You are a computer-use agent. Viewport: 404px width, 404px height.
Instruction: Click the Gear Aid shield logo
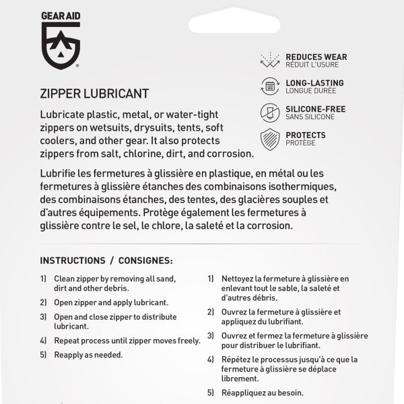[61, 45]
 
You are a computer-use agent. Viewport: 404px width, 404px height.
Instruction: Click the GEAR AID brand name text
[61, 13]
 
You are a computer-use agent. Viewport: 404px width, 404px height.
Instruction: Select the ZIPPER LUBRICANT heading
[94, 93]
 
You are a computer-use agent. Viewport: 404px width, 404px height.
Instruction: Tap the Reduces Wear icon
[270, 61]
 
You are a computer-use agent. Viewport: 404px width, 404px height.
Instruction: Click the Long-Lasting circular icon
[270, 86]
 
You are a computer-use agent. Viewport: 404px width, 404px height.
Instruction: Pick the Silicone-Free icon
[270, 112]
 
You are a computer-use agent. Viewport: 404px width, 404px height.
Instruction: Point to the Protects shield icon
[270, 139]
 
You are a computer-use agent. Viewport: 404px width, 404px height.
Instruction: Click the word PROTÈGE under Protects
[300, 143]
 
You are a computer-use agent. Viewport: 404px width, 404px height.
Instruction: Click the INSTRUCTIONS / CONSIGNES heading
[106, 260]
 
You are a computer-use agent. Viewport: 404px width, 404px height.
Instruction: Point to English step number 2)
[43, 302]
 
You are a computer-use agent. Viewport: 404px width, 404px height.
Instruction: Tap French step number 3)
[211, 336]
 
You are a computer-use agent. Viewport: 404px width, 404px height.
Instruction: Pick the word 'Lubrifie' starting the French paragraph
[59, 173]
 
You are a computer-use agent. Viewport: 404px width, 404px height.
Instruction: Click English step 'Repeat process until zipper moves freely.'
[127, 341]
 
